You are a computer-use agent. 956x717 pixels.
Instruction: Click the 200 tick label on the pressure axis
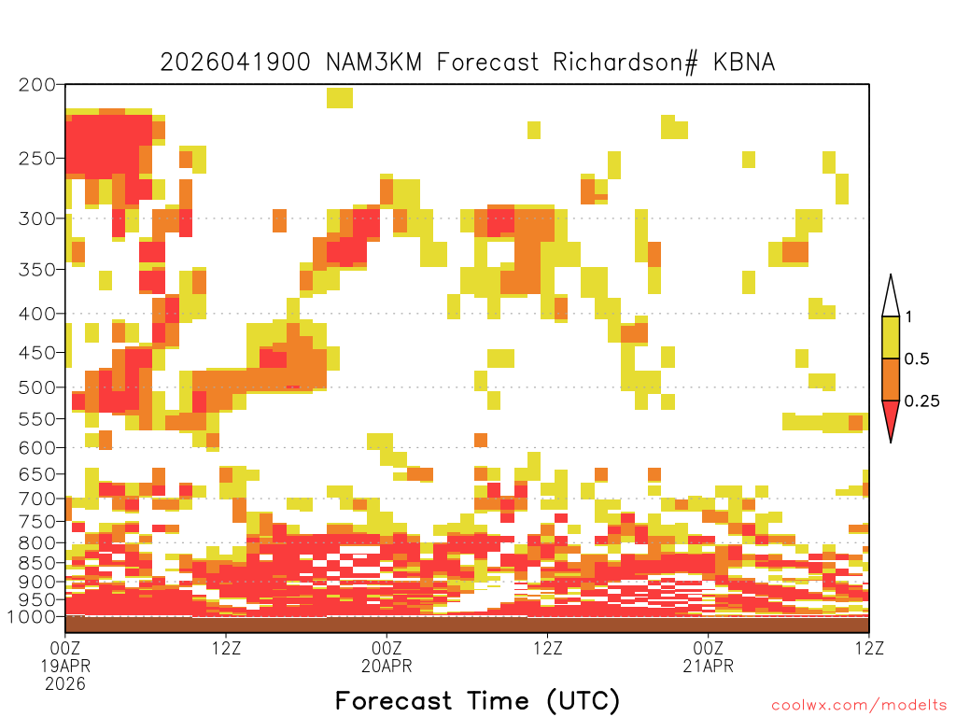36,85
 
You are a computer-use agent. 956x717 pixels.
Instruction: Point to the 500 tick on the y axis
36,387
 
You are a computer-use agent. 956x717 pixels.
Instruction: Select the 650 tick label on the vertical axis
36,474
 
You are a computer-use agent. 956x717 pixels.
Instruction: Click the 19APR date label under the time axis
65,666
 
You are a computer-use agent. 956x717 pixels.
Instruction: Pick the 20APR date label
387,666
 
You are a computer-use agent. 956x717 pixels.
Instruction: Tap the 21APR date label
708,666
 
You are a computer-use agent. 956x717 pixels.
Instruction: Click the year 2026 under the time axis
65,684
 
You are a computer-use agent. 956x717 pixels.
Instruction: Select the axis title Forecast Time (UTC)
477,701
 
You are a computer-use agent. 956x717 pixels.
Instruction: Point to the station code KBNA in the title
744,63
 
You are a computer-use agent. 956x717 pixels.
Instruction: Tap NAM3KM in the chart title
373,63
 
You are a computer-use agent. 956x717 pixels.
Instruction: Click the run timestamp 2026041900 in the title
235,63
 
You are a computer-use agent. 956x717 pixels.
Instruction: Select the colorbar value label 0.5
917,358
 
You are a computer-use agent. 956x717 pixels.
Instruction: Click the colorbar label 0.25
921,401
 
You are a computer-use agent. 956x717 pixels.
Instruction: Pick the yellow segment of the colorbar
891,337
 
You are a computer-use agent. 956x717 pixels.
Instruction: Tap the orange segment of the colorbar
891,379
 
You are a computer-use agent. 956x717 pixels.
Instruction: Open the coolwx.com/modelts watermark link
859,706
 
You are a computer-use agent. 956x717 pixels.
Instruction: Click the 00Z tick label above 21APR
708,648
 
